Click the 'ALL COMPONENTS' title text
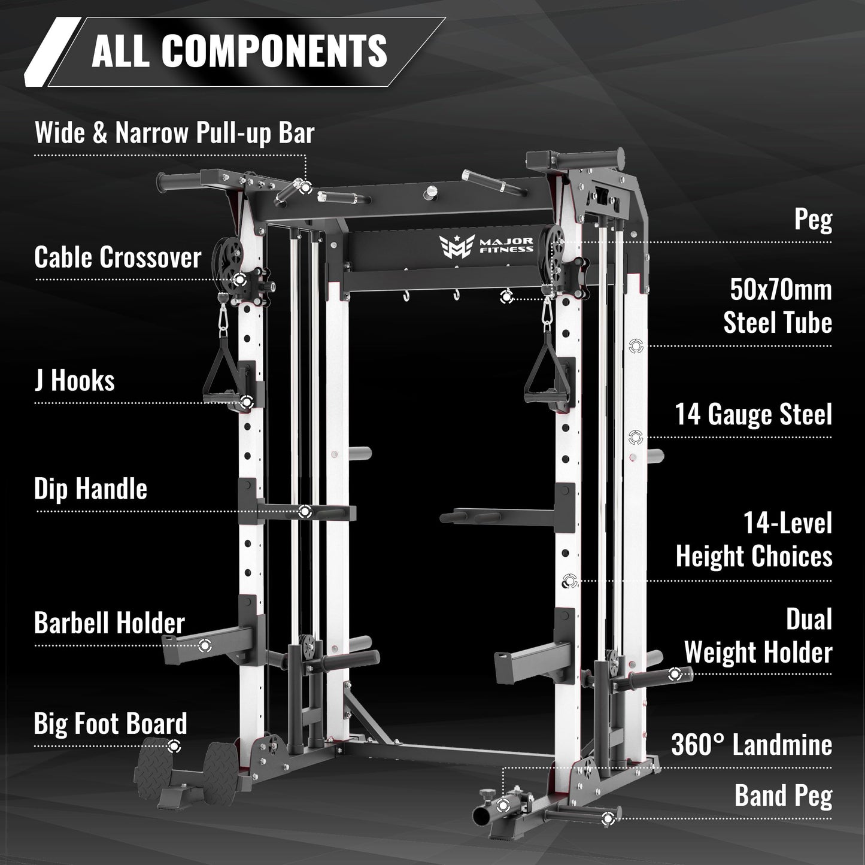coord(239,50)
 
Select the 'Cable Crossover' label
coord(117,257)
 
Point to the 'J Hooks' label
coord(74,381)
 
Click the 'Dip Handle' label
coord(90,489)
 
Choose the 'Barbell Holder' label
coord(110,623)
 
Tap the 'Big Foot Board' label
coord(110,724)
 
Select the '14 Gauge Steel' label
coord(754,414)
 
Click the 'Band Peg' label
coord(784,796)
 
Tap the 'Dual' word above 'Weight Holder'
coord(809,620)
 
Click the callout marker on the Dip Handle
coord(304,511)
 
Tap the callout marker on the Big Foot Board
coord(174,746)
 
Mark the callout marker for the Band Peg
coord(608,818)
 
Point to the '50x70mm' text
coord(781,290)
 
